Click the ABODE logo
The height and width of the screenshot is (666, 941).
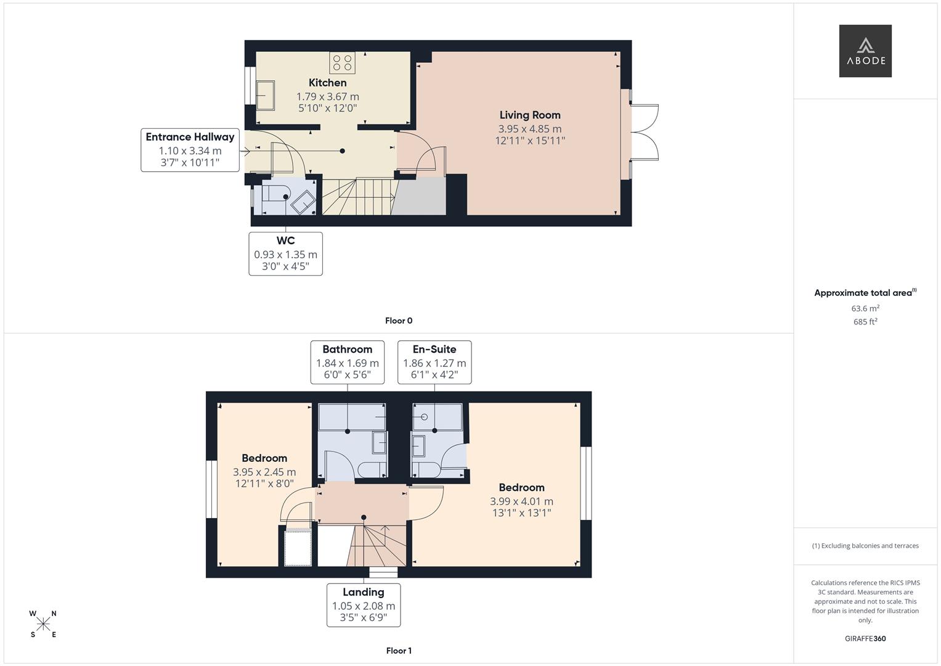point(865,51)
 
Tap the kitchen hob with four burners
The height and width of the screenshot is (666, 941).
point(342,63)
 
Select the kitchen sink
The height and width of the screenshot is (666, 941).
point(266,96)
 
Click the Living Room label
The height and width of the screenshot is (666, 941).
point(529,115)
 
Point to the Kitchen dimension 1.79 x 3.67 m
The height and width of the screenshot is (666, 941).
point(327,97)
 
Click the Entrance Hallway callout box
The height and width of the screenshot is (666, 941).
point(190,150)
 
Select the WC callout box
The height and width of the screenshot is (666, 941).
point(285,253)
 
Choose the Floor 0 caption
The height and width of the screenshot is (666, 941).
point(398,321)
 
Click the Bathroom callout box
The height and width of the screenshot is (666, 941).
point(347,362)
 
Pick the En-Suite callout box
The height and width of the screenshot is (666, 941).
point(434,362)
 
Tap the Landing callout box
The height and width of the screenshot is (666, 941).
point(364,605)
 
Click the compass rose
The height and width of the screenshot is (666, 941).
point(43,624)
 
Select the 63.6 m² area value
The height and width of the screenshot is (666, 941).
point(865,308)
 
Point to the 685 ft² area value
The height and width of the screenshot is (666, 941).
point(865,322)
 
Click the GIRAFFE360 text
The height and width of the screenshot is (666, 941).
point(865,639)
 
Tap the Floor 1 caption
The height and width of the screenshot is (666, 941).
point(398,651)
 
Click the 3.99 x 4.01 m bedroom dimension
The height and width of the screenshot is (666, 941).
point(521,502)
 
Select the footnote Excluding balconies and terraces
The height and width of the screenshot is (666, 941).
point(865,546)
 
